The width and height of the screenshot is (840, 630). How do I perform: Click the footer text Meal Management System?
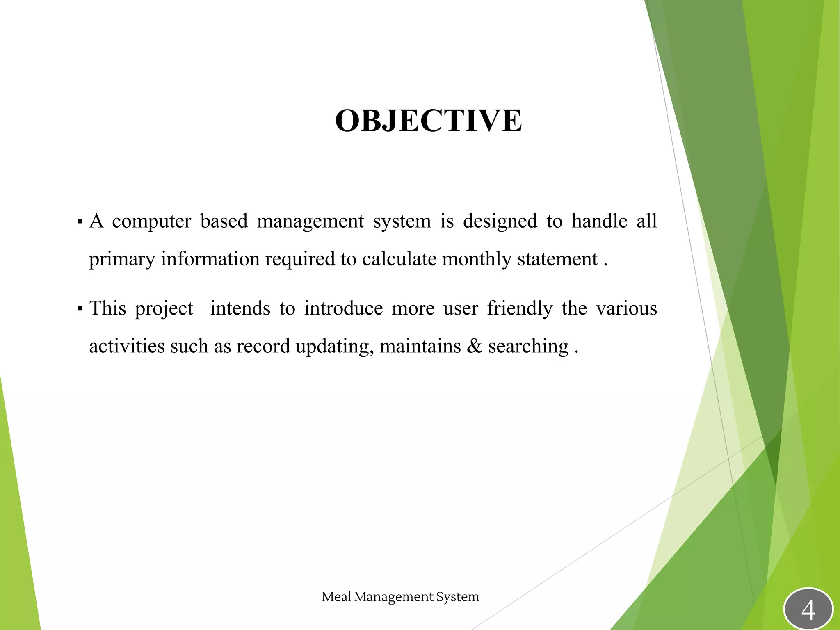pos(400,597)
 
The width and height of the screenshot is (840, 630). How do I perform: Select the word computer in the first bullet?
pos(151,221)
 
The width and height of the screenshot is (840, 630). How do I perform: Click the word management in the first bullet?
pos(310,221)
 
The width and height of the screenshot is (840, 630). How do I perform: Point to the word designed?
pos(500,221)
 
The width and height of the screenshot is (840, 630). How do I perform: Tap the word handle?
pos(599,221)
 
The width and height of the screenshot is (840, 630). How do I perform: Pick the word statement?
pos(557,259)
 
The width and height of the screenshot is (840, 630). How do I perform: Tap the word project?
pos(164,309)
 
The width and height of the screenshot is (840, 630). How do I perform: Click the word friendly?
pos(520,308)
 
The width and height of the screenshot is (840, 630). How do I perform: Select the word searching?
pos(528,347)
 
